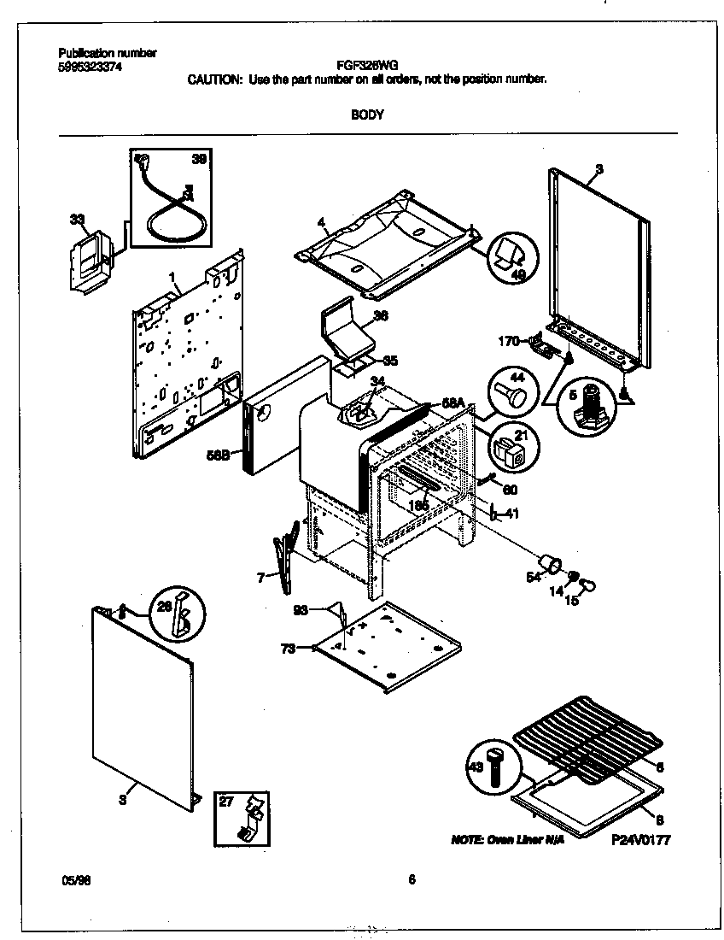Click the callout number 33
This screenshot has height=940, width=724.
pyautogui.click(x=78, y=220)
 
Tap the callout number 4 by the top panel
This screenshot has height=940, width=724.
pyautogui.click(x=321, y=224)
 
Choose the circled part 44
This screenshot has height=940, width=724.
pyautogui.click(x=513, y=394)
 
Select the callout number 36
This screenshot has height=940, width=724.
pyautogui.click(x=381, y=315)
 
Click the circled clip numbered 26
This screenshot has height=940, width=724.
pyautogui.click(x=180, y=612)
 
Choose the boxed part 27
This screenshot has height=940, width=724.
pyautogui.click(x=244, y=815)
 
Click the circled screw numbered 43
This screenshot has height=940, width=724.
pyautogui.click(x=493, y=767)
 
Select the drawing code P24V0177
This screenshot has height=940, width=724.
pyautogui.click(x=640, y=840)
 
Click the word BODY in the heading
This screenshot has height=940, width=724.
pyautogui.click(x=367, y=115)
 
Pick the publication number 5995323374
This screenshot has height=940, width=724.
pyautogui.click(x=85, y=66)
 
